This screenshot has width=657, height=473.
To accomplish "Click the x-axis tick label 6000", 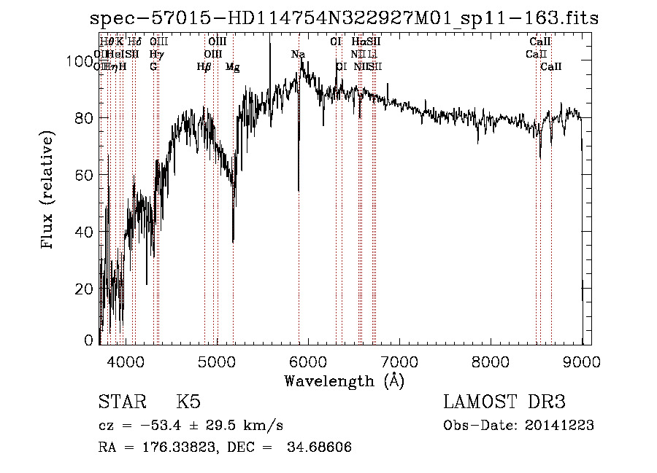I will point(307,360).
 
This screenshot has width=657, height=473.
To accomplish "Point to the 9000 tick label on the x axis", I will point(582,360).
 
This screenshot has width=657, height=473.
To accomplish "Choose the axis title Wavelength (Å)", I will point(344,380).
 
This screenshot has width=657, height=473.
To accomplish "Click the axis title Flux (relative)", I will point(49,192).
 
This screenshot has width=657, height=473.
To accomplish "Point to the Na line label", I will point(298,55).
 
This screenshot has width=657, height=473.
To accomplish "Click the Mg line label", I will point(232,67).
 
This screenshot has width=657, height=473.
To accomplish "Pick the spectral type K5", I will point(188,402).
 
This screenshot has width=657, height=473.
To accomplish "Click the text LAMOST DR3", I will point(504,402).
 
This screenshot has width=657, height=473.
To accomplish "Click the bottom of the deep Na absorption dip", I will point(299,190).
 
